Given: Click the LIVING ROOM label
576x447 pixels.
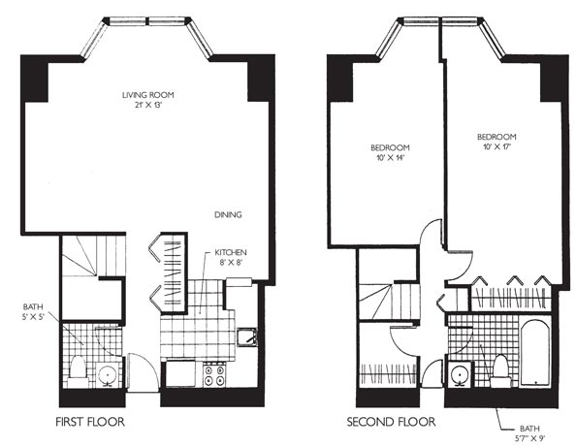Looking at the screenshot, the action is click(x=148, y=95).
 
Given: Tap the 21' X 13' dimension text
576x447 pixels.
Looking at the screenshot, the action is click(x=148, y=105).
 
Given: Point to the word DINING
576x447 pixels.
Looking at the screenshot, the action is click(x=228, y=215).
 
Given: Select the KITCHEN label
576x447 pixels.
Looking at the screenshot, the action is click(x=231, y=253).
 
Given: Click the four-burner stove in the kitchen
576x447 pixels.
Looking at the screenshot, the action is click(x=214, y=374).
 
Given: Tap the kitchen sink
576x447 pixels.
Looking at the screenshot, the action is click(x=247, y=337).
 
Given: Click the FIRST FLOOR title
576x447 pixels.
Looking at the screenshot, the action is click(x=90, y=422).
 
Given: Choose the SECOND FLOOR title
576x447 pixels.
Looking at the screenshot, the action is click(x=391, y=422).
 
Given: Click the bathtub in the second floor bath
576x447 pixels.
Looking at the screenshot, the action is click(x=535, y=353).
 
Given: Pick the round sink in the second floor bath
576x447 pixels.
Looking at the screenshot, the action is click(x=460, y=374).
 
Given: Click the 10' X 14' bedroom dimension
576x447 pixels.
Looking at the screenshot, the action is click(x=390, y=158).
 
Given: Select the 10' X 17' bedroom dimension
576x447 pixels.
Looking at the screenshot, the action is click(x=496, y=147).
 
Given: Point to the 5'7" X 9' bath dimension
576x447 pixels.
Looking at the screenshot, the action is click(x=529, y=438).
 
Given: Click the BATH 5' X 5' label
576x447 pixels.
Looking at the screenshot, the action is click(x=33, y=311).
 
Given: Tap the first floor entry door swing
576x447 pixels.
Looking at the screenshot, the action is click(x=143, y=370).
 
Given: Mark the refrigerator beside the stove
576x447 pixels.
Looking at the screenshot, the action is click(x=180, y=373).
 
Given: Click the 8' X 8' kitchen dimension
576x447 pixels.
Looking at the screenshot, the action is click(x=230, y=263).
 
